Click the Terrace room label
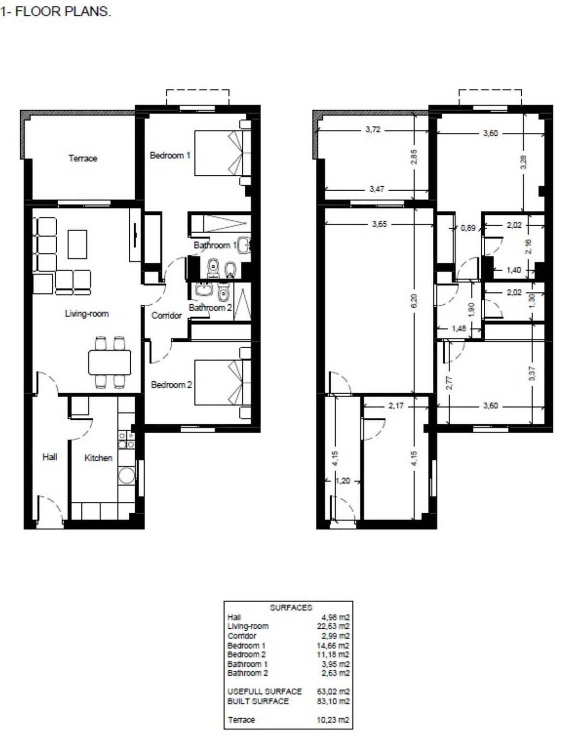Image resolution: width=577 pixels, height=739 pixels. tap(83, 158)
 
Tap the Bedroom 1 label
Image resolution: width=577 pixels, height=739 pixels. tap(170, 156)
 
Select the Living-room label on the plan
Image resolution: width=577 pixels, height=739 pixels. tap(87, 314)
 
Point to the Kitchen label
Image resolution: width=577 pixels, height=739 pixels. tap(98, 458)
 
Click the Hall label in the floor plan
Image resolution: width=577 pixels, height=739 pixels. tap(50, 457)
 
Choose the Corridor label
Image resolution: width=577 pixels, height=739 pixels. tap(166, 316)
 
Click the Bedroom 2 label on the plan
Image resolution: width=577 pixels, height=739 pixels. tap(171, 385)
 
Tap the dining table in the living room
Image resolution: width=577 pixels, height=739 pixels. tap(110, 363)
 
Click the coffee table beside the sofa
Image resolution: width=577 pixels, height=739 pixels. tap(77, 244)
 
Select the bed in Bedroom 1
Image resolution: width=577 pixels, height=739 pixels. tap(222, 153)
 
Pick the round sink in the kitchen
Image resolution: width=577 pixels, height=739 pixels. tap(126, 476)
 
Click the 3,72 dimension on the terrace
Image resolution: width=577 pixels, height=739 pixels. tap(373, 130)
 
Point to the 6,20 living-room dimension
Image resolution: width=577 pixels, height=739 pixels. tap(414, 301)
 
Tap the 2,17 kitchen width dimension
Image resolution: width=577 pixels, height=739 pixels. tap(396, 406)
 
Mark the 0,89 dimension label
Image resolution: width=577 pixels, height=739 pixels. tap(468, 228)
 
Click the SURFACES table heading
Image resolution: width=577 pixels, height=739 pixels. tap(291, 608)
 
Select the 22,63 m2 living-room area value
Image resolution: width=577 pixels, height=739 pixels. tap(333, 626)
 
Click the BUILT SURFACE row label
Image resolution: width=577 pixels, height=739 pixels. tap(258, 701)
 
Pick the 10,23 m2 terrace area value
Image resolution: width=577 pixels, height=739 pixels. tap(333, 720)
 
